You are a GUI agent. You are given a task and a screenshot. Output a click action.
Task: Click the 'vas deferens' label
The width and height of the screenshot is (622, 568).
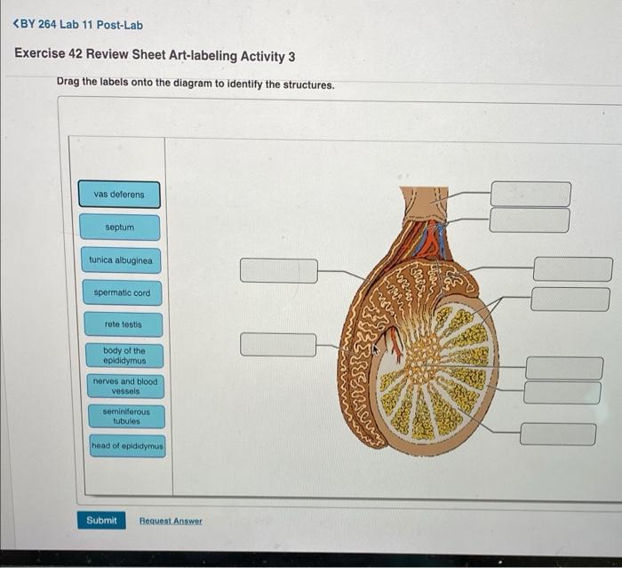119,195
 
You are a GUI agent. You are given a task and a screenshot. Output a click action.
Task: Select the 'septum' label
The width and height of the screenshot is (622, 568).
119,228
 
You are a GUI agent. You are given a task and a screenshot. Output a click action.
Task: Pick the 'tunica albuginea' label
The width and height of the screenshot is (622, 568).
120,261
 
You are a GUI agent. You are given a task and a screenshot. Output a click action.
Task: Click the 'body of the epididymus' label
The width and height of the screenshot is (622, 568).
124,356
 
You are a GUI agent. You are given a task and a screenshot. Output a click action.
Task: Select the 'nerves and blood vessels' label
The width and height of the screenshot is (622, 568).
125,386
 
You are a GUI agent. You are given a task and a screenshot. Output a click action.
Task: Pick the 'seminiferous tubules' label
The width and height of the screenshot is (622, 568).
126,416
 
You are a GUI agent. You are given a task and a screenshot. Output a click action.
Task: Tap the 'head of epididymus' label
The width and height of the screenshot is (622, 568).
127,445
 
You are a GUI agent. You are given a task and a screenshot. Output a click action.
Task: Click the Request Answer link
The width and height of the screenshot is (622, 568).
171,521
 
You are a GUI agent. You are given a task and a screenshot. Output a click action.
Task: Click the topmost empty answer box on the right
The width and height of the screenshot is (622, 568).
530,193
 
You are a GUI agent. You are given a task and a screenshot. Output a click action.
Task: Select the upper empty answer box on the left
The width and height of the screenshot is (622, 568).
278,270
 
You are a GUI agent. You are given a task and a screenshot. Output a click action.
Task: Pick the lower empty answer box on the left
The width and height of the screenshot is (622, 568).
278,344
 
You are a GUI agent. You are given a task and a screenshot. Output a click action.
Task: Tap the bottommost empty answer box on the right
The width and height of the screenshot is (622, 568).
558,434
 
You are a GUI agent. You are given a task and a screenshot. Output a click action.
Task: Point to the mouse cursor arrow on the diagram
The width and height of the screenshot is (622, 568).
375,349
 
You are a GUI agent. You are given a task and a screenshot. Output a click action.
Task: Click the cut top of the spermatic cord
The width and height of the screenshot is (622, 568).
425,191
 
